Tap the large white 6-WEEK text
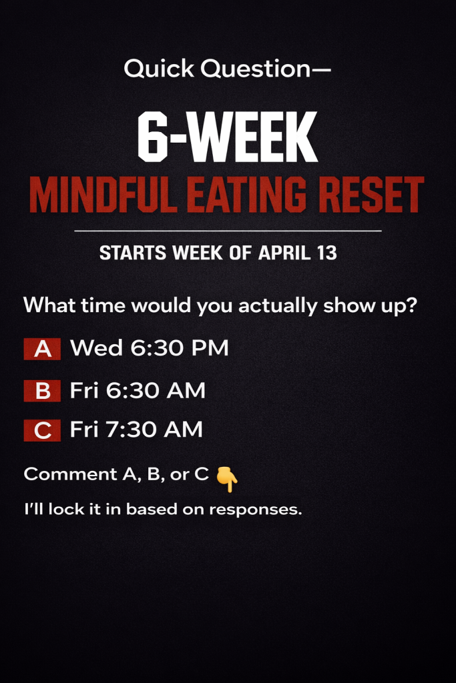point(228,137)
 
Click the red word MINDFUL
point(103,195)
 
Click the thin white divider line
point(228,230)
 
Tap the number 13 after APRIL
point(327,253)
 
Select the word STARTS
point(133,253)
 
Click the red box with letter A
point(42,349)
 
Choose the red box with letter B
point(42,391)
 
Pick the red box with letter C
point(42,430)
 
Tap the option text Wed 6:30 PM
point(150,348)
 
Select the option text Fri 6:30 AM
point(138,390)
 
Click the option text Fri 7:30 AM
point(136,430)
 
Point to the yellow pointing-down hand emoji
point(227,479)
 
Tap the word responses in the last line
point(256,510)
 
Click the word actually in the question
point(278,305)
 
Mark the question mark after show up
point(412,305)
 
